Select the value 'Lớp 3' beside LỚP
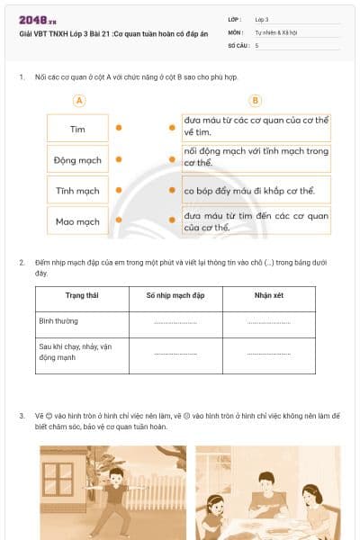pyautogui.click(x=262, y=18)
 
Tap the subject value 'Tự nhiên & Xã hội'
pyautogui.click(x=275, y=31)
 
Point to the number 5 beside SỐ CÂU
pyautogui.click(x=257, y=44)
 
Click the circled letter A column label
pyautogui.click(x=79, y=101)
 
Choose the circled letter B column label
pyautogui.click(x=256, y=101)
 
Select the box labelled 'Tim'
pyautogui.click(x=77, y=129)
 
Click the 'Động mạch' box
pyautogui.click(x=77, y=160)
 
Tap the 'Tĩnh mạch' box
pyautogui.click(x=77, y=191)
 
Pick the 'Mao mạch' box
pyautogui.click(x=77, y=221)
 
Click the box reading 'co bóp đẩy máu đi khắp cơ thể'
pyautogui.click(x=256, y=191)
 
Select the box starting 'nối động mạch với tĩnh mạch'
pyautogui.click(x=256, y=158)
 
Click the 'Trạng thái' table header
pyautogui.click(x=82, y=294)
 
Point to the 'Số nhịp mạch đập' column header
pyautogui.click(x=175, y=294)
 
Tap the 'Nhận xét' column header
pyautogui.click(x=268, y=294)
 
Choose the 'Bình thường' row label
pyautogui.click(x=59, y=319)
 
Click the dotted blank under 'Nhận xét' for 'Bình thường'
pyautogui.click(x=268, y=322)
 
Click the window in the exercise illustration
pyautogui.click(x=58, y=478)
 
